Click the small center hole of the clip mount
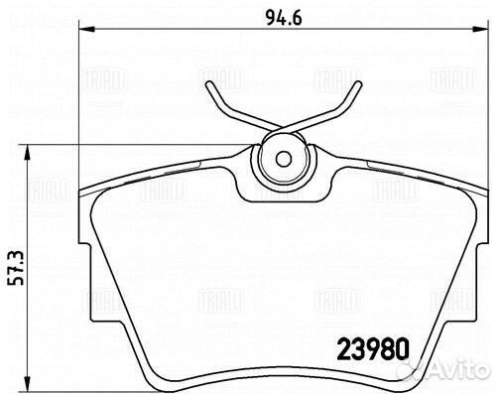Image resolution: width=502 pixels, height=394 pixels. pos(282,158)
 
